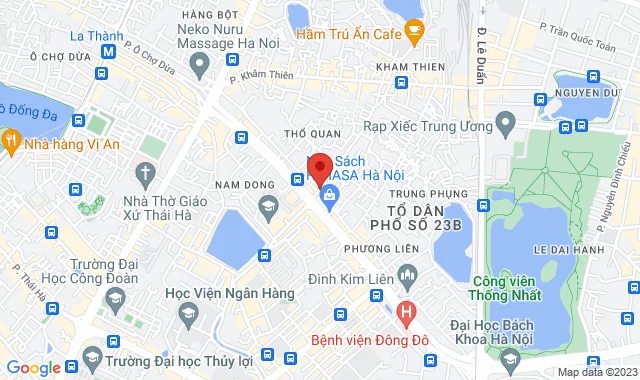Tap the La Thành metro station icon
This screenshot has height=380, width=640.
point(108,49)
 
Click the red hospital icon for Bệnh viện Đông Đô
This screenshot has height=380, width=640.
point(405,312)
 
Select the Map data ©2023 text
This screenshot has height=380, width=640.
point(596,372)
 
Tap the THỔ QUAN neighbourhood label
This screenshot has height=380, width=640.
point(306,132)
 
